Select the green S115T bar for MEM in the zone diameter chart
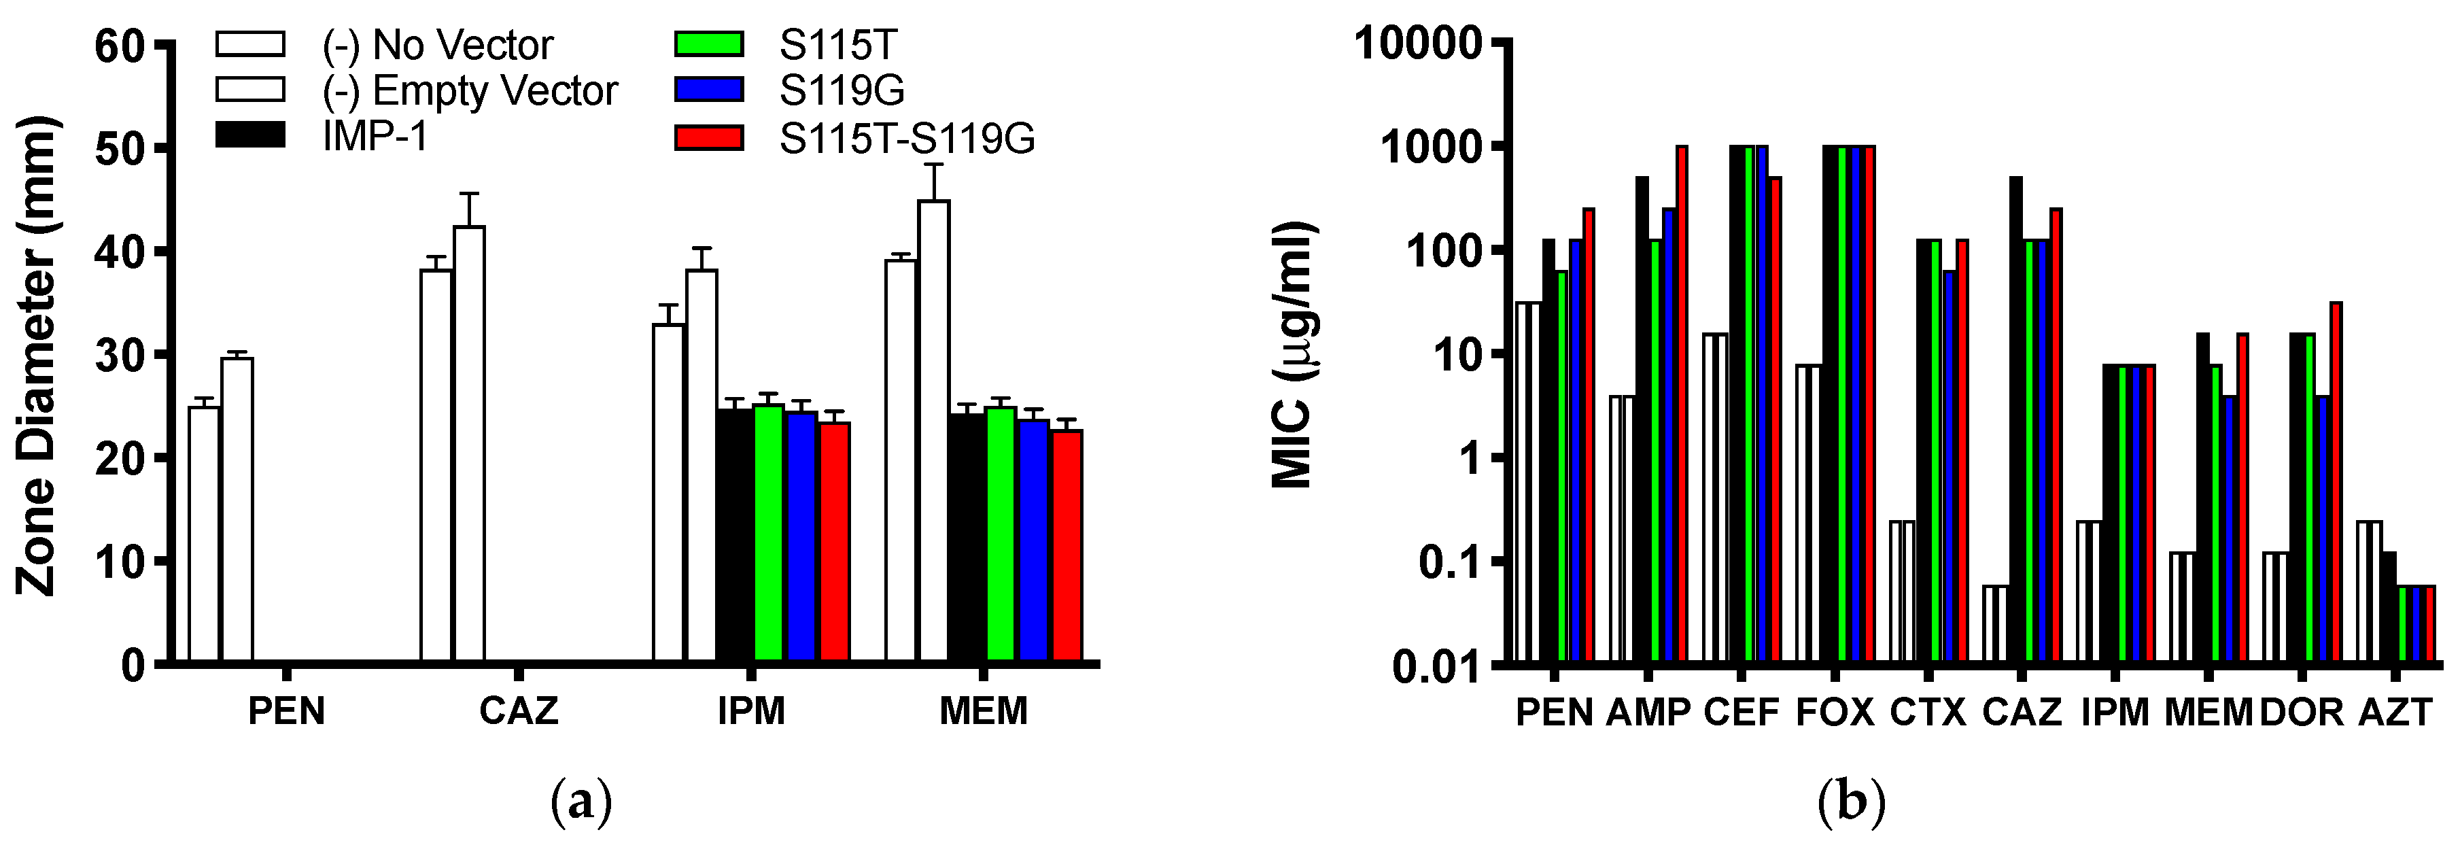tap(1000, 534)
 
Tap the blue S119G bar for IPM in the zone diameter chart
tap(802, 536)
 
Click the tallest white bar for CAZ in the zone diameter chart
tap(469, 444)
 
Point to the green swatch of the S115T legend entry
tap(708, 44)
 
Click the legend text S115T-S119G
tap(906, 139)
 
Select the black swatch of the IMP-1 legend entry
tap(250, 135)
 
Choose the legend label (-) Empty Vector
tap(470, 90)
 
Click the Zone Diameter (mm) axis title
tap(38, 355)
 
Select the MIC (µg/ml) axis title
tap(1295, 355)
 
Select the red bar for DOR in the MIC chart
tap(2336, 482)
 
